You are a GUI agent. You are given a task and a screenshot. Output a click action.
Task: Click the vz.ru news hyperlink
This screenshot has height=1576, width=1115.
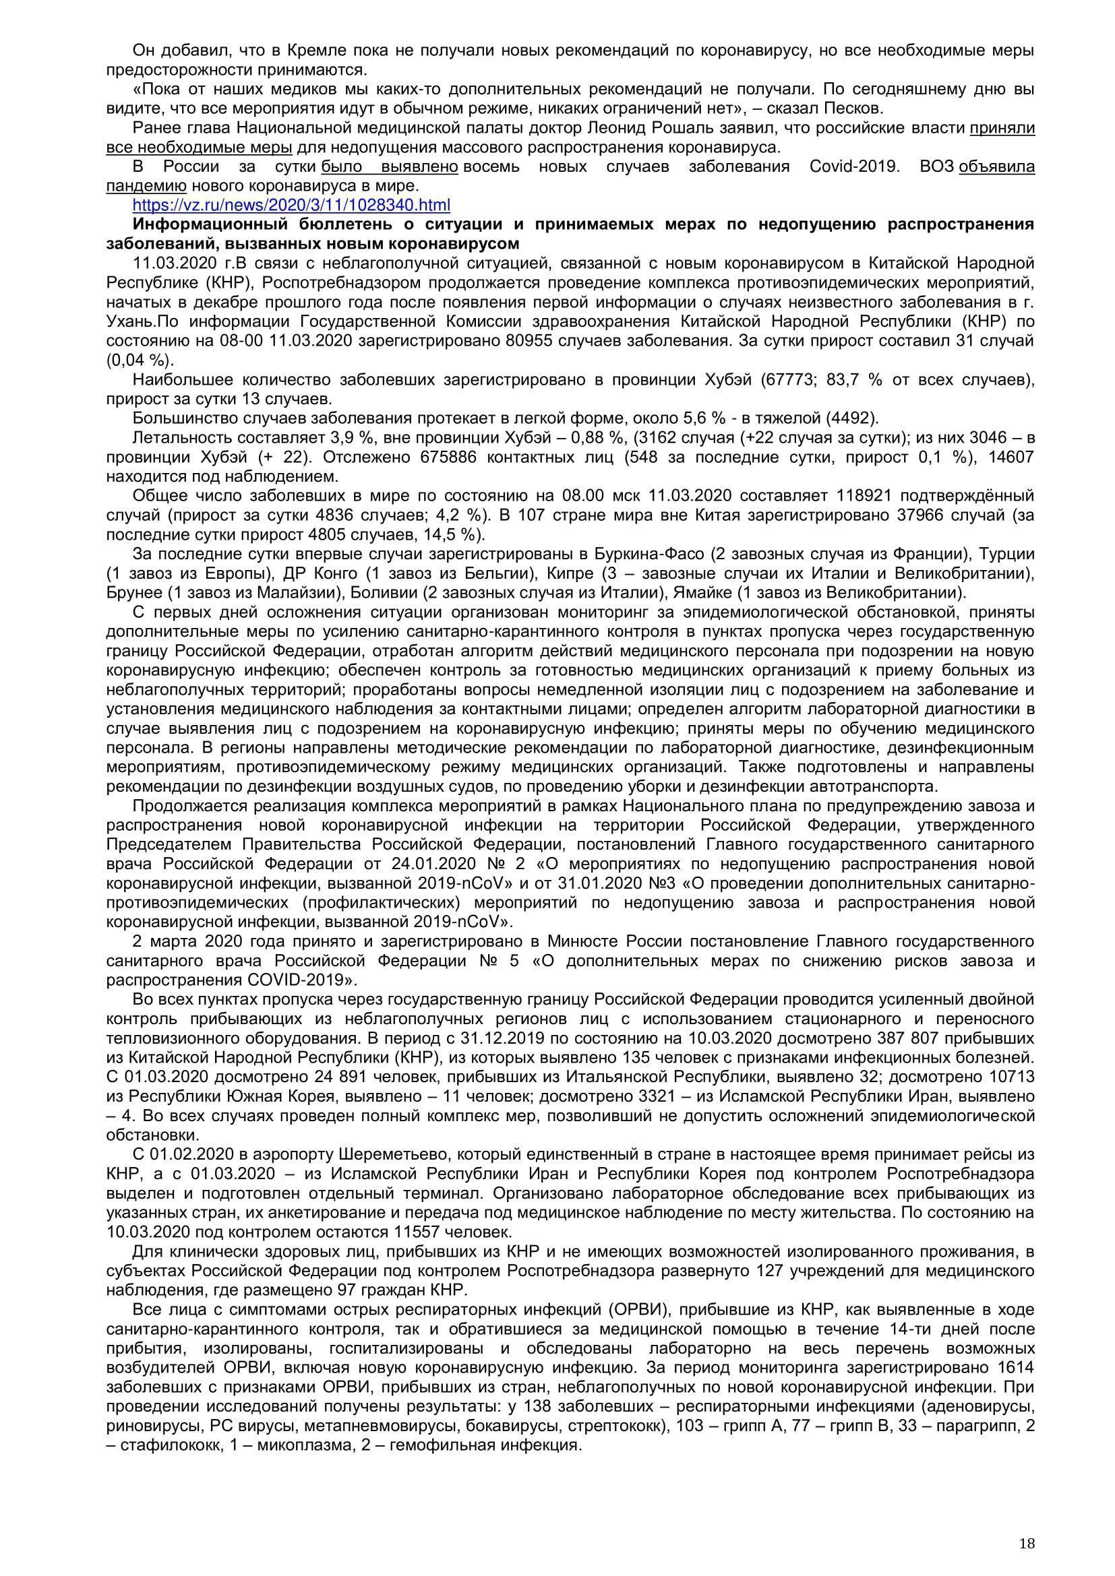click(291, 205)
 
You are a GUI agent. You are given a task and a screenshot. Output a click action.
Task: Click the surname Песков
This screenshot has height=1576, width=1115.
click(852, 108)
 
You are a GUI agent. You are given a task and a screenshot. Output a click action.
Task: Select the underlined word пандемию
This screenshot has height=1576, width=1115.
click(146, 185)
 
